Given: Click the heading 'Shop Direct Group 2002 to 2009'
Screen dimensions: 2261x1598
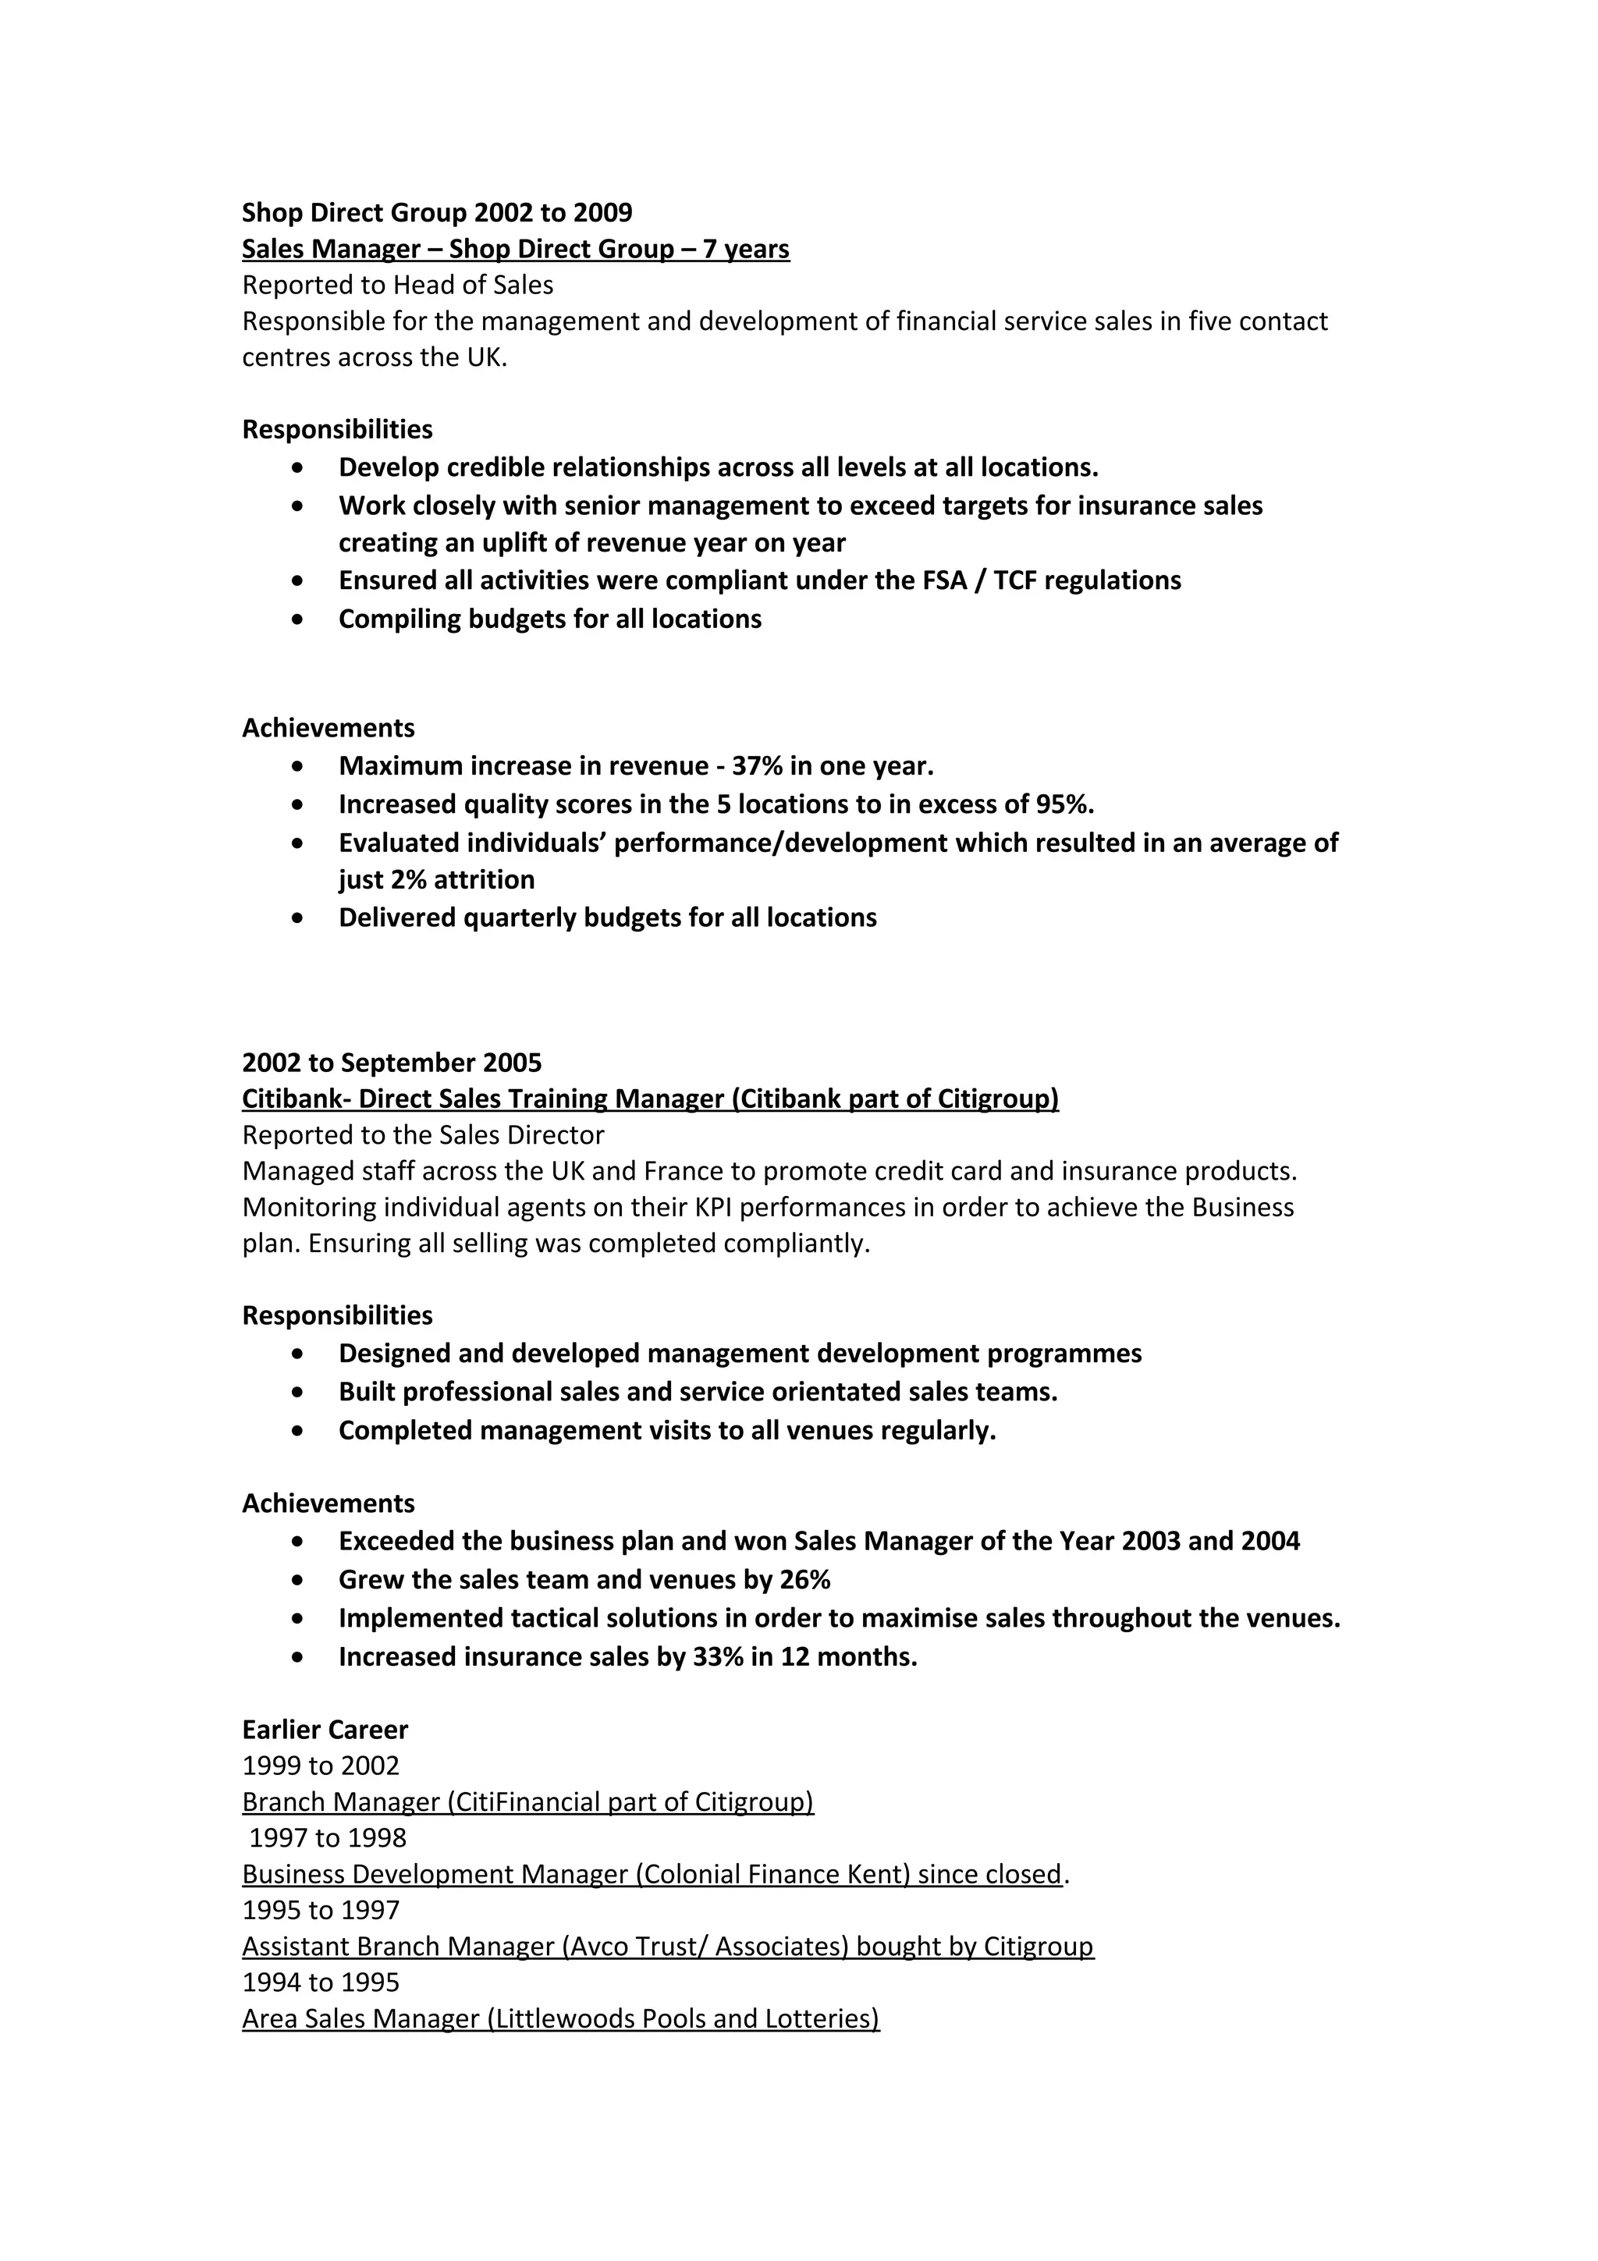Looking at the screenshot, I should (x=437, y=213).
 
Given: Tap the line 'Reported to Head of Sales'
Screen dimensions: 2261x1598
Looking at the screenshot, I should (x=398, y=286).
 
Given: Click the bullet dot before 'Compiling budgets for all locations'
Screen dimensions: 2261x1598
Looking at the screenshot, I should (x=298, y=619).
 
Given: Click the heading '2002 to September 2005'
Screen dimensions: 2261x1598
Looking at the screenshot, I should (x=392, y=1063).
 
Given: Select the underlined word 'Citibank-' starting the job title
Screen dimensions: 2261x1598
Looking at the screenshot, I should (x=297, y=1099).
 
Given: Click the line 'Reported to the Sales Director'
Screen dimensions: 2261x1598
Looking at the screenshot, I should (x=424, y=1135).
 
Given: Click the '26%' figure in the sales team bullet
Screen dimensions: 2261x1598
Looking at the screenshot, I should (x=804, y=1581).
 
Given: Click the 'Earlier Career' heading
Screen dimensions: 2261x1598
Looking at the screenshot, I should (x=325, y=1730).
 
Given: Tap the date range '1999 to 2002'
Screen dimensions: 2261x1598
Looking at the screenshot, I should (x=321, y=1766).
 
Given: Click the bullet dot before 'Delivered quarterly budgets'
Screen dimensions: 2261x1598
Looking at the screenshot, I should (x=298, y=918).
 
